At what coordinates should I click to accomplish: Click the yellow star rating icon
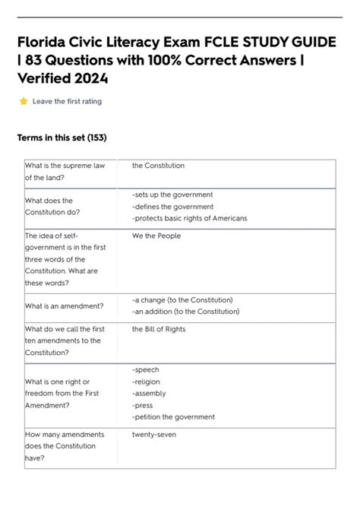pos(24,101)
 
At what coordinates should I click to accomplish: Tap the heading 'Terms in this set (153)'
pos(62,138)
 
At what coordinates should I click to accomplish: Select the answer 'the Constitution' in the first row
pos(158,165)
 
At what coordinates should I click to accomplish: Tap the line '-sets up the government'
pos(172,195)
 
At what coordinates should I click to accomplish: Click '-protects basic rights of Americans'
pos(189,219)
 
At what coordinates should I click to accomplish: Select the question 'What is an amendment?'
pos(64,306)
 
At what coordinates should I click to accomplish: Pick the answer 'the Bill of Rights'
pos(159,329)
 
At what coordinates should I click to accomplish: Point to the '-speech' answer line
pos(146,369)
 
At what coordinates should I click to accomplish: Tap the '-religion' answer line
pos(148,382)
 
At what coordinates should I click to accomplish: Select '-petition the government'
pos(173,417)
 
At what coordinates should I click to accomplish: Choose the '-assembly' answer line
pos(149,394)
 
